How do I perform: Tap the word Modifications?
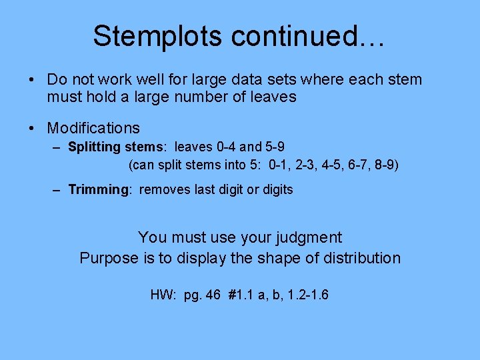coord(93,128)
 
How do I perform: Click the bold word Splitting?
coord(94,147)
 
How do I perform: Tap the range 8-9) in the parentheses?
coord(385,164)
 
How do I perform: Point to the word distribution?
coord(363,258)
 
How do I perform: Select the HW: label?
coord(163,294)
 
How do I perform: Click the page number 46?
coord(213,294)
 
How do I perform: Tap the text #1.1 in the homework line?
coord(241,294)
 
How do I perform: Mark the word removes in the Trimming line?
coord(165,189)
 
